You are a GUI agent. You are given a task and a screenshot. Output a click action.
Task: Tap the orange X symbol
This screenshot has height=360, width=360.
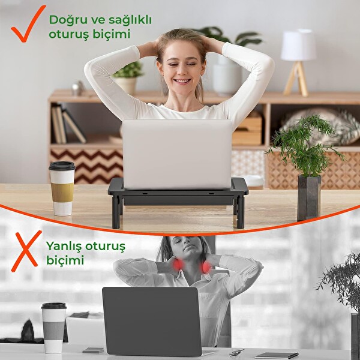[x=26, y=250]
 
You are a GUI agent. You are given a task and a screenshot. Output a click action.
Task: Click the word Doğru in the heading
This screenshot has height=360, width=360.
[x=66, y=20]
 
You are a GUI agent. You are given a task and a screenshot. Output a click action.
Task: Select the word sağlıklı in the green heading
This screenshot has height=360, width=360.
[x=127, y=20]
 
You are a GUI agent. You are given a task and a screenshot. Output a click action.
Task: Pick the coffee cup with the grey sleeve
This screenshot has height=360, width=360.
[x=53, y=327]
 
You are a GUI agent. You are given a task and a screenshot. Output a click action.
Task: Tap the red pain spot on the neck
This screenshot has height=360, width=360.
[x=178, y=265]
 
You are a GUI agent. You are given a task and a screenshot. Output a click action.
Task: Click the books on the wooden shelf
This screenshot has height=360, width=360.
[x=66, y=124]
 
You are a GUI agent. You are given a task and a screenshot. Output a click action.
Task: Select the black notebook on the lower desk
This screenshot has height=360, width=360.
[x=275, y=355]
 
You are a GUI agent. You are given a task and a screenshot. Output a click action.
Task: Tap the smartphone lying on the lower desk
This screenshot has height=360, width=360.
[x=92, y=350]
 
